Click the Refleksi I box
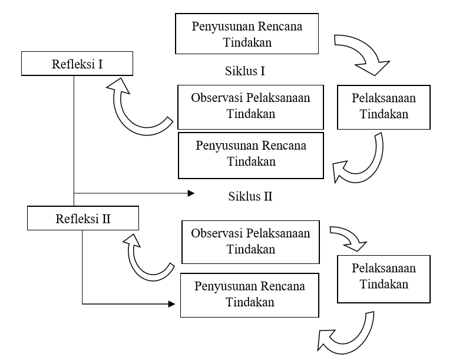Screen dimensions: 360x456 coord(74,63)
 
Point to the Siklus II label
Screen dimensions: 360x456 coord(249,196)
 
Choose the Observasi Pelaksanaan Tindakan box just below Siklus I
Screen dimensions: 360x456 coord(252,107)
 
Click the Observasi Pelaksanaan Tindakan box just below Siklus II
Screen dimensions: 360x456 coord(252,242)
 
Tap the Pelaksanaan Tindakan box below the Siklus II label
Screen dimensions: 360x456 coord(384,276)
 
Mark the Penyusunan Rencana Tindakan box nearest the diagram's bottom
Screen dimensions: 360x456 coord(252,295)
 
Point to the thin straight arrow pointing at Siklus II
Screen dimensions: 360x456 coord(136,193)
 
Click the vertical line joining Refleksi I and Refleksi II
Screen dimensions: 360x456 coord(74,141)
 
